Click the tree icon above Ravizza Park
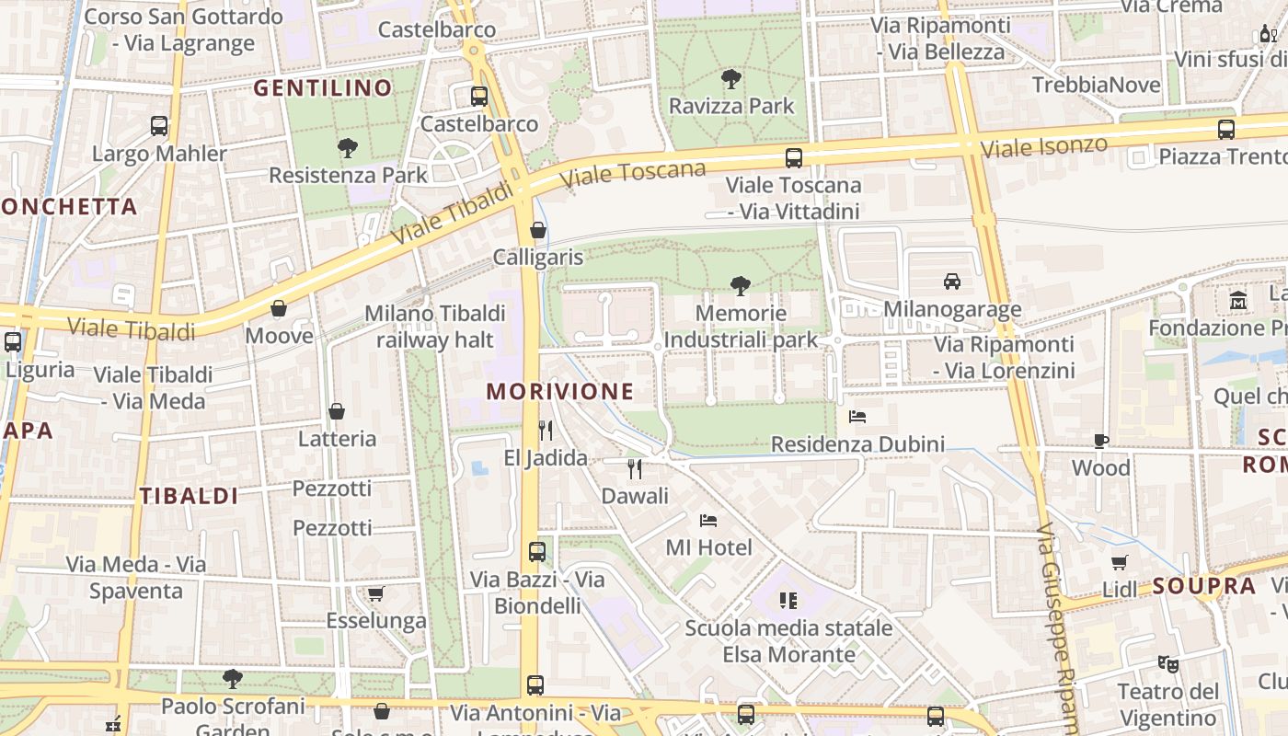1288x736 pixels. coord(731,79)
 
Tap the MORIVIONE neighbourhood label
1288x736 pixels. coord(560,391)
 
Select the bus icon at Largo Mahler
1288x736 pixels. coord(159,126)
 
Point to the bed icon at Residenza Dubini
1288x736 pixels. coord(857,417)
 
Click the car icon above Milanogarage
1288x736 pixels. coord(952,282)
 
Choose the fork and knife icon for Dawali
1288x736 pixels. coord(635,469)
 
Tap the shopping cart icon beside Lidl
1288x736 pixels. coord(1120,562)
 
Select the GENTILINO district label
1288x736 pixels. coord(323,88)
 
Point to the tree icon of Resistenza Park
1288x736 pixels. coord(348,148)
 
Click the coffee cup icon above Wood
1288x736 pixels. coord(1101,441)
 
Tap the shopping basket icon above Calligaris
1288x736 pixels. coord(538,230)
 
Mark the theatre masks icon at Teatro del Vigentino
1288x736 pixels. coord(1167,663)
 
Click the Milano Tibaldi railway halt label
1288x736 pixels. coord(435,327)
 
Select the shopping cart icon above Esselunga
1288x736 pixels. coord(375,593)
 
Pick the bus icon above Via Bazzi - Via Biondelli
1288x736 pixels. coord(537,552)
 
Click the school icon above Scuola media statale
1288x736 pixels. coord(788,601)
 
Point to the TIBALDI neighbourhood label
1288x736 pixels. coord(190,496)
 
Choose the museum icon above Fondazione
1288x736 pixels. coord(1237,301)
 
